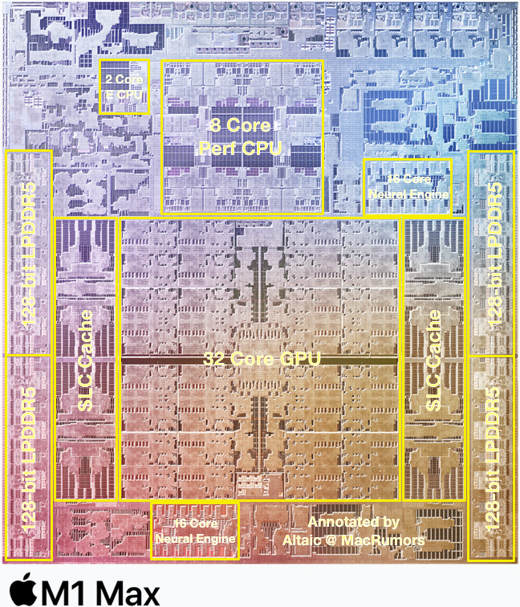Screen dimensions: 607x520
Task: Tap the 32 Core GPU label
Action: click(x=260, y=359)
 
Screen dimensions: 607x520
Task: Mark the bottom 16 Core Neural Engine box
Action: click(x=195, y=531)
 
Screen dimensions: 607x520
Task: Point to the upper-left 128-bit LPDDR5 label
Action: click(x=28, y=253)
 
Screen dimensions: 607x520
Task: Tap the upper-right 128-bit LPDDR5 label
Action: click(x=493, y=253)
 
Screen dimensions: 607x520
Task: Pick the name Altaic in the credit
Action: click(x=303, y=540)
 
